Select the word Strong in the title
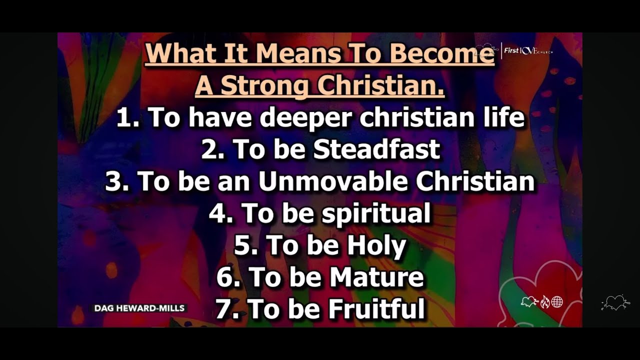[x=263, y=85]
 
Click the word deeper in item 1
[x=306, y=117]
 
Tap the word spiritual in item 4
[x=375, y=213]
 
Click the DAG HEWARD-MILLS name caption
[x=139, y=308]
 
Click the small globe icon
[x=557, y=301]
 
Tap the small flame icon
[x=544, y=302]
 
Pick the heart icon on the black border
[x=615, y=302]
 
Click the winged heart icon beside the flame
[x=529, y=301]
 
